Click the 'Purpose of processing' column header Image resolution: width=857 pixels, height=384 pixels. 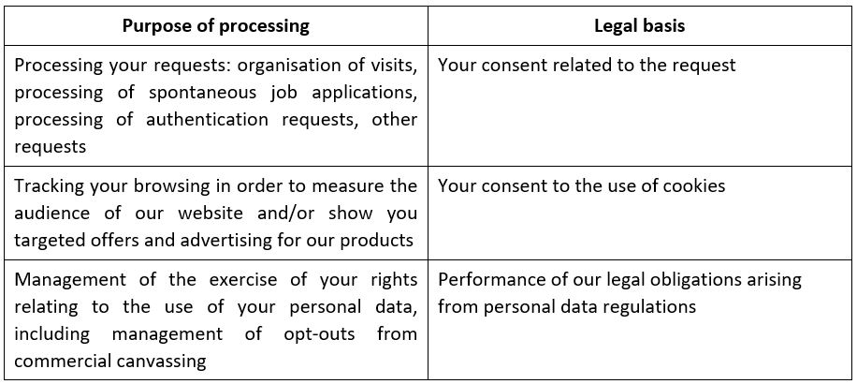point(216,25)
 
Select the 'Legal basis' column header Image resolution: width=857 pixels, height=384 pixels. point(639,25)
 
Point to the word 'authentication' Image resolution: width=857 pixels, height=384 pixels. point(207,120)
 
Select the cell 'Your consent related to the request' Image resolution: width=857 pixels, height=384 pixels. point(587,66)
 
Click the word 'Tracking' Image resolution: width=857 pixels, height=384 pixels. point(48,186)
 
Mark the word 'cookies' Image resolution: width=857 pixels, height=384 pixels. point(694,186)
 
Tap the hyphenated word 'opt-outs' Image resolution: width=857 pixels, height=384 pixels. point(319,333)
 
